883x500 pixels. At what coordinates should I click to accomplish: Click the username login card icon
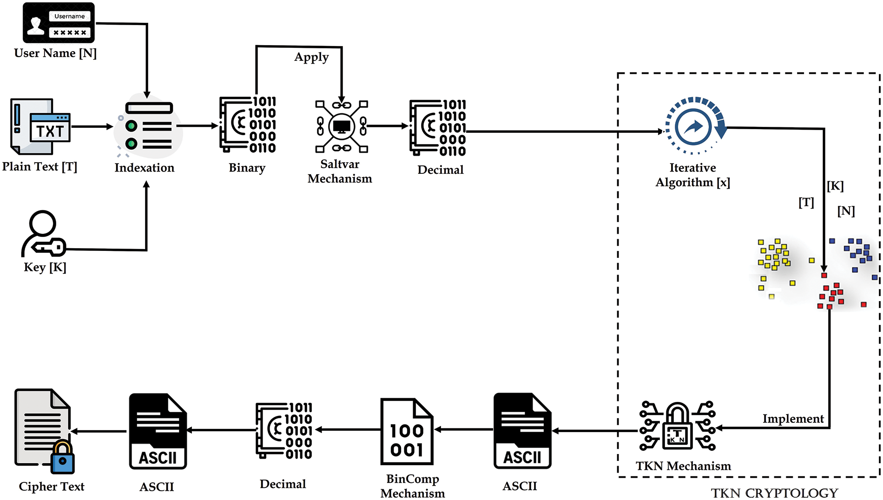point(59,23)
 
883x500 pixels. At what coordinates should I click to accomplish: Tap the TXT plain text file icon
point(41,126)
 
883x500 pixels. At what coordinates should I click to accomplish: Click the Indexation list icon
point(148,127)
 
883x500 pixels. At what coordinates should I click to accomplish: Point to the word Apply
point(311,57)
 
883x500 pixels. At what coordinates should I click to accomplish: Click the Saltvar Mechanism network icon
point(342,126)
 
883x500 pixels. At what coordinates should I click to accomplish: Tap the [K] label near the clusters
point(835,186)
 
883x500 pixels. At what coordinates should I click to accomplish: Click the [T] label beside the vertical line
point(806,203)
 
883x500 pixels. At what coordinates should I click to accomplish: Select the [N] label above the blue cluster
point(846,211)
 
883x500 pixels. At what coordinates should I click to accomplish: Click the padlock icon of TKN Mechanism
point(677,426)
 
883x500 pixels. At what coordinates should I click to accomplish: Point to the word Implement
point(793,419)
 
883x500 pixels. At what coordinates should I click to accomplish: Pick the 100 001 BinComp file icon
point(407,432)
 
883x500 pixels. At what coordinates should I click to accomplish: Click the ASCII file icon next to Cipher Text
point(158,432)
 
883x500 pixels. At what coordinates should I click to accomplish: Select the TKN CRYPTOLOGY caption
point(774,493)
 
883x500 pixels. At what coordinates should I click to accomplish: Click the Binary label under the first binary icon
point(247,168)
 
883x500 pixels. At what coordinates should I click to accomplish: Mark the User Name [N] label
point(55,53)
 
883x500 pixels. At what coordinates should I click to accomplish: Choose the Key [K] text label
point(45,267)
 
